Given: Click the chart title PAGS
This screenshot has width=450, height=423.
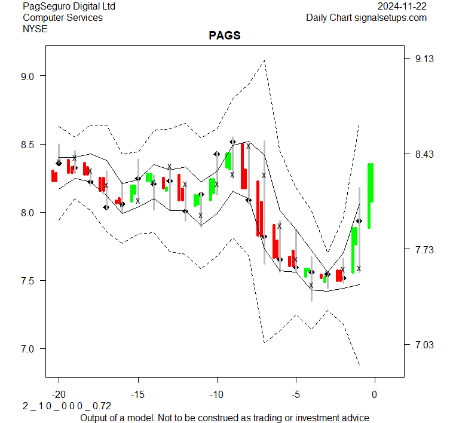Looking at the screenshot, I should click(225, 36).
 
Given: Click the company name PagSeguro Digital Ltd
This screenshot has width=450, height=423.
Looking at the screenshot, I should click(69, 7).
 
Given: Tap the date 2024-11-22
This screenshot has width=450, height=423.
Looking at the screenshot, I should click(403, 7).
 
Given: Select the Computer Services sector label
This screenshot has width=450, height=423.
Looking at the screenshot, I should click(62, 17).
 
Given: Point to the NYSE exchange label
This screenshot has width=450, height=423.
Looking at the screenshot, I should click(36, 28).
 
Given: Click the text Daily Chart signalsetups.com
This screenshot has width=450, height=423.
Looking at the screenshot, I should click(366, 17).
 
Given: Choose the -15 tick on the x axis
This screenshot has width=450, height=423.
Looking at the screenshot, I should click(138, 394).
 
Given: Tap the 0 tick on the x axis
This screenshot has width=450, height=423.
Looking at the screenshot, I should click(375, 394).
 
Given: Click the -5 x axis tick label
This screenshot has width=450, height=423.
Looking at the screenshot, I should click(296, 394).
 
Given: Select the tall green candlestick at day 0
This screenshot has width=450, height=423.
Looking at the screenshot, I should click(371, 182).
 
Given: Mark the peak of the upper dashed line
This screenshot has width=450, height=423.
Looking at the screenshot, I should click(264, 60).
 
